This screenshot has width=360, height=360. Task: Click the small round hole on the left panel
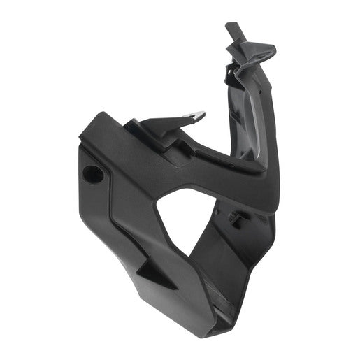(x=91, y=171)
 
